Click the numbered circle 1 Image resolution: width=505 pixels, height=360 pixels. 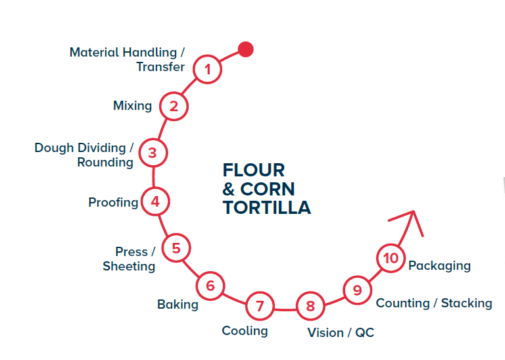[x=208, y=69]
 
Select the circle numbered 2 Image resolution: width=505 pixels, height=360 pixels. [x=174, y=106]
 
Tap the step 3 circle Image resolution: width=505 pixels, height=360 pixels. [x=153, y=153]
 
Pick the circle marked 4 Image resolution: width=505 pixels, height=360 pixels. [x=155, y=201]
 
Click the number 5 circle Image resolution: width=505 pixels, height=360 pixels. [x=176, y=248]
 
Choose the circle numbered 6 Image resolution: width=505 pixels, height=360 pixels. [x=210, y=286]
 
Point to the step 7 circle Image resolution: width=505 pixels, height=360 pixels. [x=260, y=306]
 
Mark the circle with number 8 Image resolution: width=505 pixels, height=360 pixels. [x=310, y=306]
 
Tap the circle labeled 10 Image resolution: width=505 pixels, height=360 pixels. [x=391, y=257]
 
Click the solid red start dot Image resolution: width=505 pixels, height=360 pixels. [x=245, y=49]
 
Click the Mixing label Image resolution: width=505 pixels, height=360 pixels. [x=132, y=105]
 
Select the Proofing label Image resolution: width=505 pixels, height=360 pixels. [x=113, y=202]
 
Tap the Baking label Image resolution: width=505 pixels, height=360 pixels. [x=178, y=304]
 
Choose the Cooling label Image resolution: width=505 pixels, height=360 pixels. [x=245, y=330]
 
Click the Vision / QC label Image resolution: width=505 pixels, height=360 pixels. [x=341, y=332]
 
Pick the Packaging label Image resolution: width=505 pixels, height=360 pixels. [x=439, y=265]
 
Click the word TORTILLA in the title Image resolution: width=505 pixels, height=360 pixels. [x=266, y=208]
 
